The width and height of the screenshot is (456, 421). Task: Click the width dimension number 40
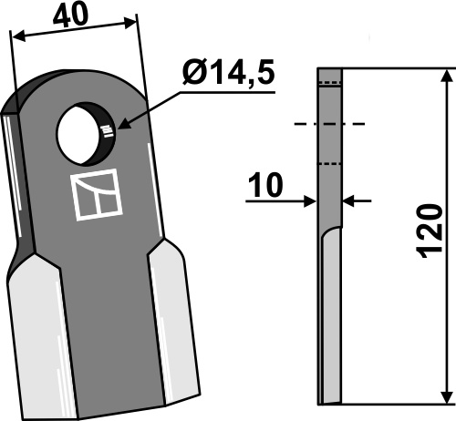70,15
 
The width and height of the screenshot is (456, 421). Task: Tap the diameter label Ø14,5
229,72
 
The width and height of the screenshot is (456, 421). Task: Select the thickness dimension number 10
265,185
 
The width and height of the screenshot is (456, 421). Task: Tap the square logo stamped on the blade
96,194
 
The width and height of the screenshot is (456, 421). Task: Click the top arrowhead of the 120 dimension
447,76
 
